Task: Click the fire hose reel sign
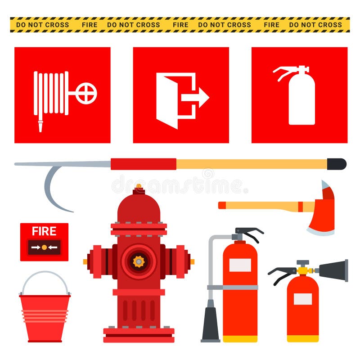pyautogui.click(x=62, y=95)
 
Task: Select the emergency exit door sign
pyautogui.click(x=181, y=95)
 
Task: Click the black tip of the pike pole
pyautogui.click(x=337, y=164)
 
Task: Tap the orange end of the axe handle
pyautogui.click(x=222, y=205)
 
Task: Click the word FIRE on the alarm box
pyautogui.click(x=44, y=231)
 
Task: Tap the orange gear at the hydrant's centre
pyautogui.click(x=139, y=261)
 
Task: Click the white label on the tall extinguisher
pyautogui.click(x=240, y=265)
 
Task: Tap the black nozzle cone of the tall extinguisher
pyautogui.click(x=211, y=324)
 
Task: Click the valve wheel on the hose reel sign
pyautogui.click(x=86, y=94)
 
